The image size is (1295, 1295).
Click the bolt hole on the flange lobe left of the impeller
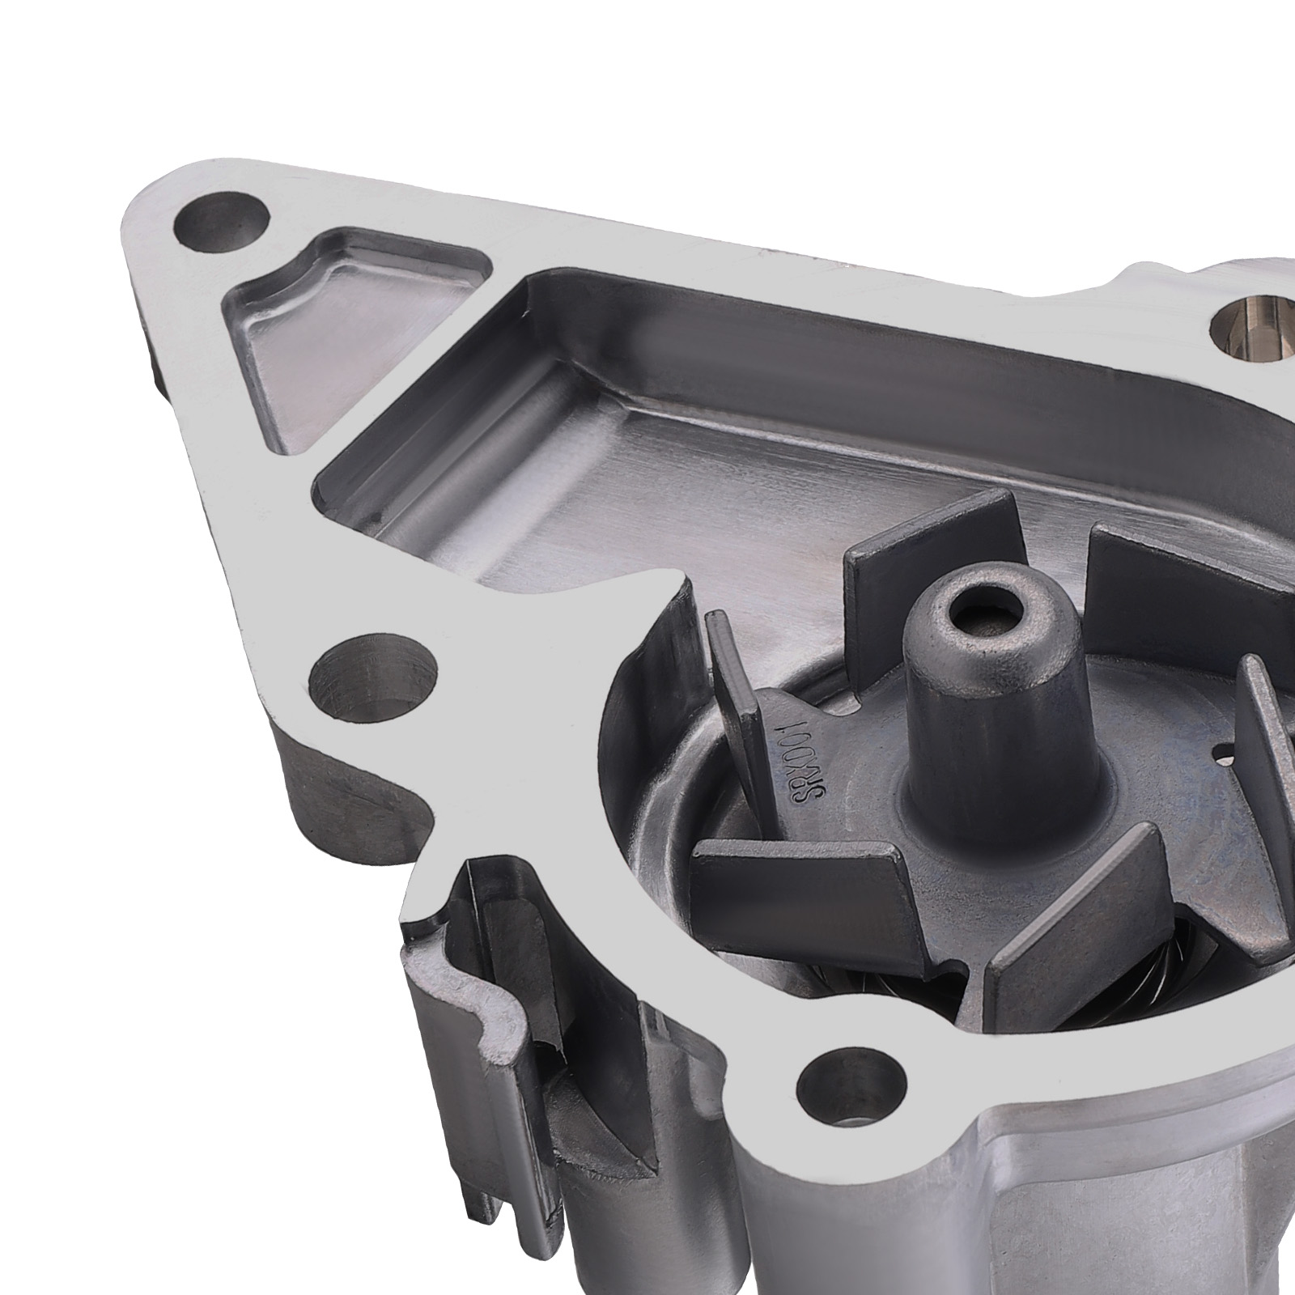[x=372, y=676]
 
